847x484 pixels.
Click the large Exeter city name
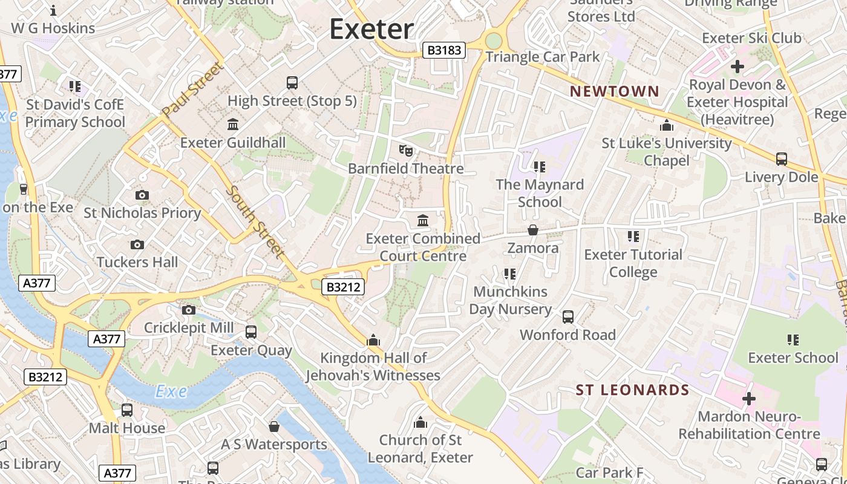371,29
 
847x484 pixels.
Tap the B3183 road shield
444,50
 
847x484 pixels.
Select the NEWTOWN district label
615,91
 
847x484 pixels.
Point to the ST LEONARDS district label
632,390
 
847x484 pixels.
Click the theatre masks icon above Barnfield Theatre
405,150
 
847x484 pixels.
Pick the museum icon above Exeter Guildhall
232,125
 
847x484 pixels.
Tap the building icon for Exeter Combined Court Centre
423,220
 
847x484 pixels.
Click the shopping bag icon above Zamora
533,230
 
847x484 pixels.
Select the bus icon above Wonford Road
567,316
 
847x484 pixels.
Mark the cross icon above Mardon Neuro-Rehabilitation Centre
749,399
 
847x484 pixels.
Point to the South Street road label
255,221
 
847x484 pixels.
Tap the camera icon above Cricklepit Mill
189,310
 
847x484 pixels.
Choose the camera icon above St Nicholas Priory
142,195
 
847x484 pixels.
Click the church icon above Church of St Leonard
420,422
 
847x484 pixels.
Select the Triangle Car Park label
542,57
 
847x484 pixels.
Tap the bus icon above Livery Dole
781,159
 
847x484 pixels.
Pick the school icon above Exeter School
793,339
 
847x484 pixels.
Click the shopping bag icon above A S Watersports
274,427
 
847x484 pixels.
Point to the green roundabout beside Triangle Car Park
494,41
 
